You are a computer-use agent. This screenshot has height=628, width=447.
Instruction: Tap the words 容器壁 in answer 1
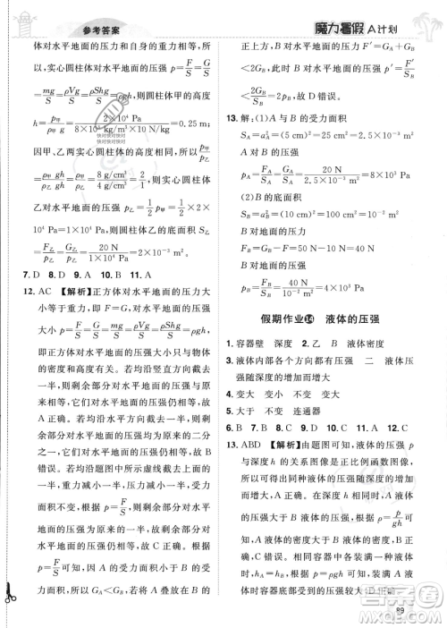(x=259, y=344)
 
